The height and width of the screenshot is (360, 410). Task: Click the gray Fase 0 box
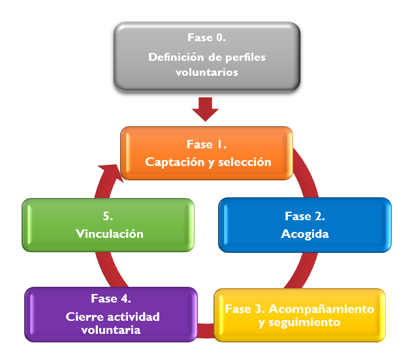click(x=207, y=57)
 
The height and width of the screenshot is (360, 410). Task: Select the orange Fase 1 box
click(x=206, y=153)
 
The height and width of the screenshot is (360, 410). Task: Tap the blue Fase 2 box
click(x=305, y=225)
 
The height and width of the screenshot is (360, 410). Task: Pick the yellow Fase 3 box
click(x=300, y=315)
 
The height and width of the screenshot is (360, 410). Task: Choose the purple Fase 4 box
click(x=111, y=314)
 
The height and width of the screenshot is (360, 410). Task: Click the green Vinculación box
click(x=108, y=225)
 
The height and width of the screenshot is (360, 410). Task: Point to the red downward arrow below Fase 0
click(x=205, y=109)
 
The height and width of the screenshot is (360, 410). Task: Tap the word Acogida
click(x=305, y=235)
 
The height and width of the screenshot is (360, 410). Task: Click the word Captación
click(x=175, y=163)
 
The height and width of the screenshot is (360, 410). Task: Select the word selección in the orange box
click(x=245, y=162)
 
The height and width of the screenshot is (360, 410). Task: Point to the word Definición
click(x=176, y=57)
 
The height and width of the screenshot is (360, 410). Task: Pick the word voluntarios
click(x=207, y=73)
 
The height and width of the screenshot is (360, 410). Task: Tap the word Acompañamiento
click(x=321, y=309)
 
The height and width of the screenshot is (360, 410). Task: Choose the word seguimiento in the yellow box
click(x=304, y=323)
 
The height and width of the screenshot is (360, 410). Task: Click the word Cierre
click(x=81, y=317)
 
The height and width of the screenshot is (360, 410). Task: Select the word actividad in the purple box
click(x=129, y=317)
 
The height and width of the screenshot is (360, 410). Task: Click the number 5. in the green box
click(x=108, y=216)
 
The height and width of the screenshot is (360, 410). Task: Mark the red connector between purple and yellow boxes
click(x=206, y=331)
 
